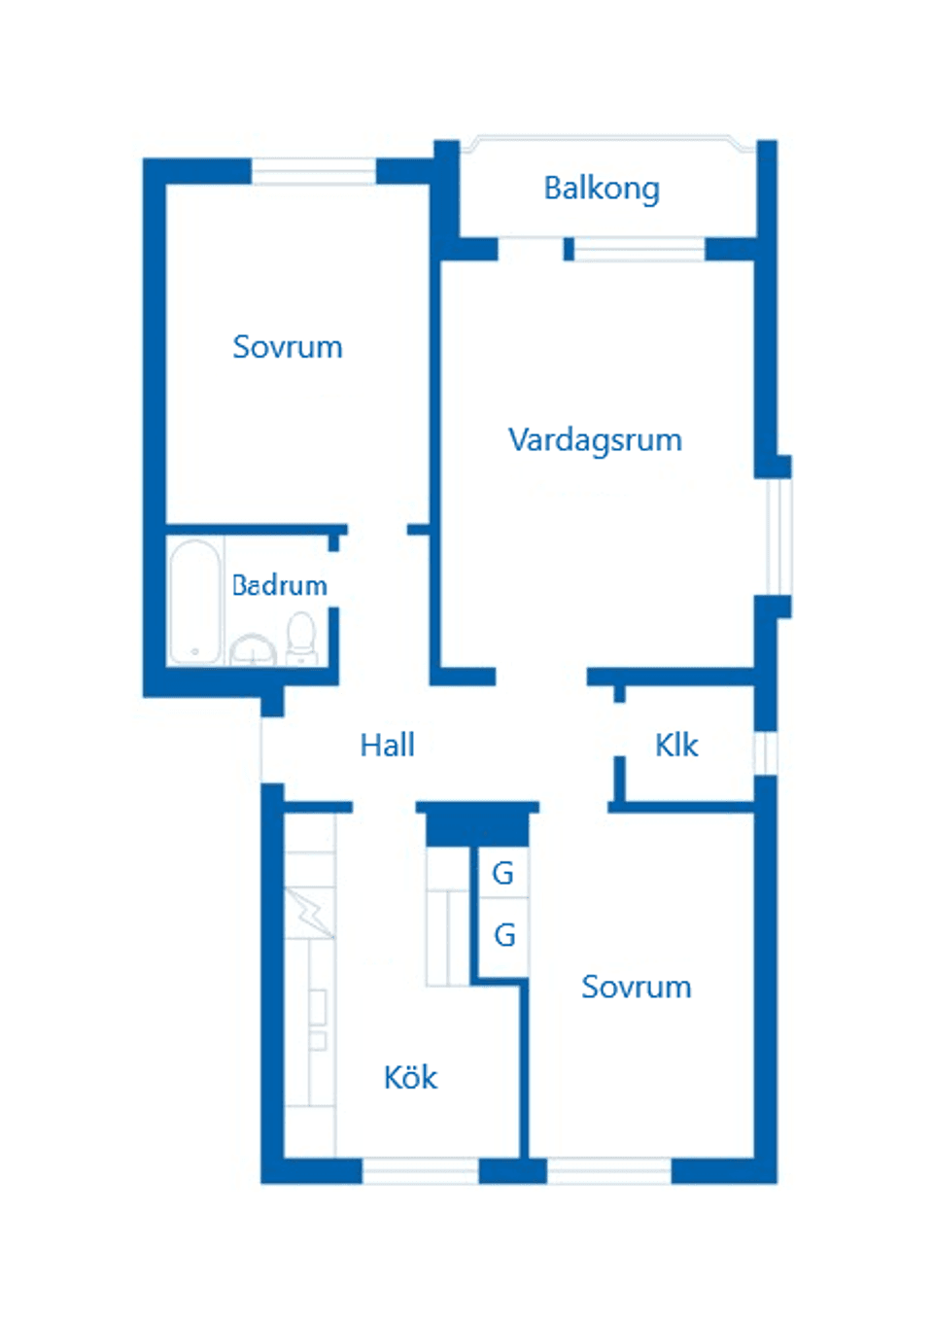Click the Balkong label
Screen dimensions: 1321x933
coord(602,189)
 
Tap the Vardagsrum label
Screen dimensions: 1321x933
coord(595,440)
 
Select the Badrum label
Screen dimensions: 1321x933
coord(280,585)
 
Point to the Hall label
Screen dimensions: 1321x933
coord(387,746)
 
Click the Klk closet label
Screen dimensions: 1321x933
coord(676,746)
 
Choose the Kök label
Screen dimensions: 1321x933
coord(410,1078)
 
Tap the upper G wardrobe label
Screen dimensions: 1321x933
coord(502,873)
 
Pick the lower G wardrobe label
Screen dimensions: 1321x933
coord(504,935)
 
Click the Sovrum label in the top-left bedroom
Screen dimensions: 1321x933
coord(288,347)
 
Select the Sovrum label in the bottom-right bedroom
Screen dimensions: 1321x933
coord(637,988)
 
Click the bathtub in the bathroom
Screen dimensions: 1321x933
coord(194,602)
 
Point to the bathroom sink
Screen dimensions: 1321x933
coord(253,649)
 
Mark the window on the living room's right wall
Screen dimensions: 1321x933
coord(778,537)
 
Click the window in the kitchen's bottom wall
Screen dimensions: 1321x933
coord(420,1170)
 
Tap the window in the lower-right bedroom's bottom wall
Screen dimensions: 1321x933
coord(608,1170)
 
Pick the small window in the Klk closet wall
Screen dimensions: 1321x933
coord(766,752)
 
